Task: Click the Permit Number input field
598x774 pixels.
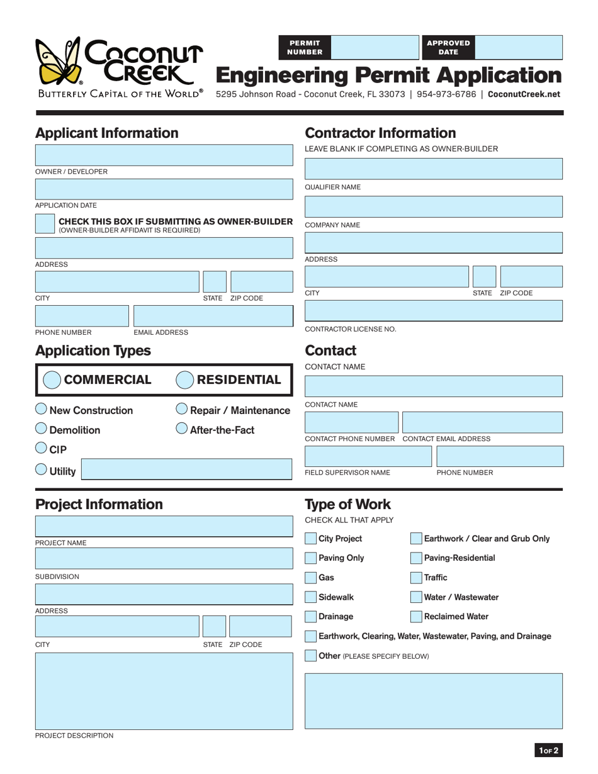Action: coord(374,47)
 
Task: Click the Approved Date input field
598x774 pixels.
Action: coord(519,47)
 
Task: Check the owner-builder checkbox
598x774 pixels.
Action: coord(45,224)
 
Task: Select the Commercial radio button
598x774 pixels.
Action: coord(52,380)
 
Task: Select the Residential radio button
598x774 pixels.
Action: coord(184,380)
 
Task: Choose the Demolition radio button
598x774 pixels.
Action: coord(41,429)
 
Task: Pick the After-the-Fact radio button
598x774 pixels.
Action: coord(181,429)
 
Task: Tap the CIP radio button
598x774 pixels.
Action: coord(41,448)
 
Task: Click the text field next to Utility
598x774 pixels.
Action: coord(187,469)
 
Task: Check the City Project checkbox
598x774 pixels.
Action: coord(311,539)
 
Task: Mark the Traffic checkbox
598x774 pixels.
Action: coord(416,578)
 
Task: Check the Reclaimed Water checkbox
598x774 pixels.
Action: coord(416,617)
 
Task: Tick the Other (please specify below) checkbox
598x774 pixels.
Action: coord(311,656)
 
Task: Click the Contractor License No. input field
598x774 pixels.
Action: coord(434,311)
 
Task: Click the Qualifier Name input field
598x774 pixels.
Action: coord(434,169)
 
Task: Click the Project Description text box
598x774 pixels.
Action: coord(164,691)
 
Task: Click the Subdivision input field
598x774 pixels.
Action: coord(164,559)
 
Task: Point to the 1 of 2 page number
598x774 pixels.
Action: coord(548,750)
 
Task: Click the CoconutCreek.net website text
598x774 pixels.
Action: coord(524,94)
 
